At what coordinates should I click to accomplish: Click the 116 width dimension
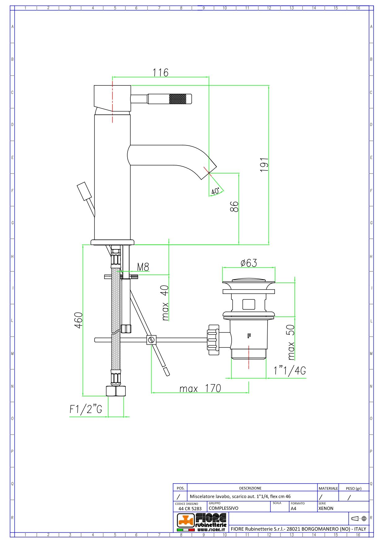tap(160, 72)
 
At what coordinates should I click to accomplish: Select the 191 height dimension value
tap(264, 165)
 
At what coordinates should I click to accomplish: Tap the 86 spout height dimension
tap(234, 207)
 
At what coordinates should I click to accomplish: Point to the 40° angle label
tap(216, 191)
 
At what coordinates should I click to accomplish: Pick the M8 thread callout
tap(143, 267)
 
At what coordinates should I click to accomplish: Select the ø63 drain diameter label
tap(249, 263)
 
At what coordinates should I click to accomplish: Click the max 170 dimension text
tap(200, 389)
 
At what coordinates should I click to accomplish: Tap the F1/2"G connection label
tap(86, 409)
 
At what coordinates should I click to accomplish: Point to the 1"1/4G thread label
tap(290, 370)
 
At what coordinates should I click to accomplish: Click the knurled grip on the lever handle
tap(178, 99)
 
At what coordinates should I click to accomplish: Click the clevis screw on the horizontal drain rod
tap(151, 340)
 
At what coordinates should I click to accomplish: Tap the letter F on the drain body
tap(249, 336)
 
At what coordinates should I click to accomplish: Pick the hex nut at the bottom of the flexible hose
tap(116, 391)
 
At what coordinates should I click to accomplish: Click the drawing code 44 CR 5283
tap(190, 508)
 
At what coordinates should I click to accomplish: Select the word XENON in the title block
tap(326, 508)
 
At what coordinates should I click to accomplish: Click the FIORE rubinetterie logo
tap(202, 522)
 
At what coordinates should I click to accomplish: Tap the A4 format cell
tap(294, 508)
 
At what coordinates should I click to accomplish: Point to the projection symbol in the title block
tap(359, 518)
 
